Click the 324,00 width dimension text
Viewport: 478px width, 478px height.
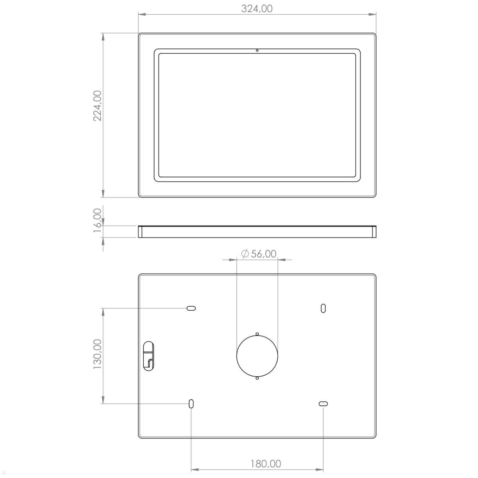(x=257, y=8)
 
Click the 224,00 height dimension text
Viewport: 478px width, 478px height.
(x=97, y=106)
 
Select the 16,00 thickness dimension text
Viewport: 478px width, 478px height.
(x=97, y=220)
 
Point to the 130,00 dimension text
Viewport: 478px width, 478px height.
(x=97, y=354)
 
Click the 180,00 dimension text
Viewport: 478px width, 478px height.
(x=266, y=464)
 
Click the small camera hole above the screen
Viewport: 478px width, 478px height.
(x=257, y=50)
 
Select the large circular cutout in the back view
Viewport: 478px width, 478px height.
(x=257, y=356)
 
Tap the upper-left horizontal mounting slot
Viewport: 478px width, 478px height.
(x=191, y=308)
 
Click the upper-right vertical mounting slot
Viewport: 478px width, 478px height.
(x=323, y=308)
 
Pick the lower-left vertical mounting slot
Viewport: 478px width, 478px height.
(x=191, y=404)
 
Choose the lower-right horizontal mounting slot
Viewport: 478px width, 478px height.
(x=323, y=404)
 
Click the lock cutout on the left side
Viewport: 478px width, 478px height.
(x=148, y=355)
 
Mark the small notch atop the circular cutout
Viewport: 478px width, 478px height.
(x=257, y=334)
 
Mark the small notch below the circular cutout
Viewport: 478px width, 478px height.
(x=257, y=378)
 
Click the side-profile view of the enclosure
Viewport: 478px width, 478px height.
(x=257, y=231)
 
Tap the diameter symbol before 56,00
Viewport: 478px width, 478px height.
(x=245, y=254)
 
